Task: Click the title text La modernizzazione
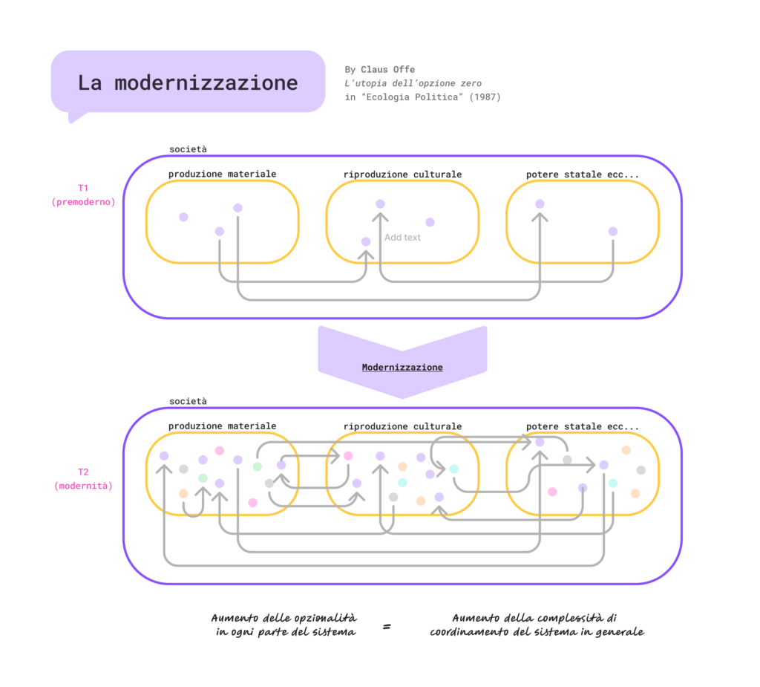point(187,82)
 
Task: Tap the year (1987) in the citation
point(485,97)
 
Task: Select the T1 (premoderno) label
point(83,195)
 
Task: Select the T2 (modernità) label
point(83,478)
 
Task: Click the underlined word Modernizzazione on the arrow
point(402,367)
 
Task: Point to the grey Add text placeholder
point(402,238)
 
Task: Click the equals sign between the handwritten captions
point(387,627)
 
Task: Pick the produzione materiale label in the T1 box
point(222,175)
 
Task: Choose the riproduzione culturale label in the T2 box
point(402,426)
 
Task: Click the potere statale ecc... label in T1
point(583,175)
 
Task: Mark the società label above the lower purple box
point(188,401)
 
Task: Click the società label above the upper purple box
point(188,149)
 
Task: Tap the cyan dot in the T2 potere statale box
point(613,483)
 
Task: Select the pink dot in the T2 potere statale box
point(552,492)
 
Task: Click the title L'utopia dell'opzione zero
point(413,83)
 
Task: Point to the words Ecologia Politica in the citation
point(410,97)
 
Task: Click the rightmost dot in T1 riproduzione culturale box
point(430,222)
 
